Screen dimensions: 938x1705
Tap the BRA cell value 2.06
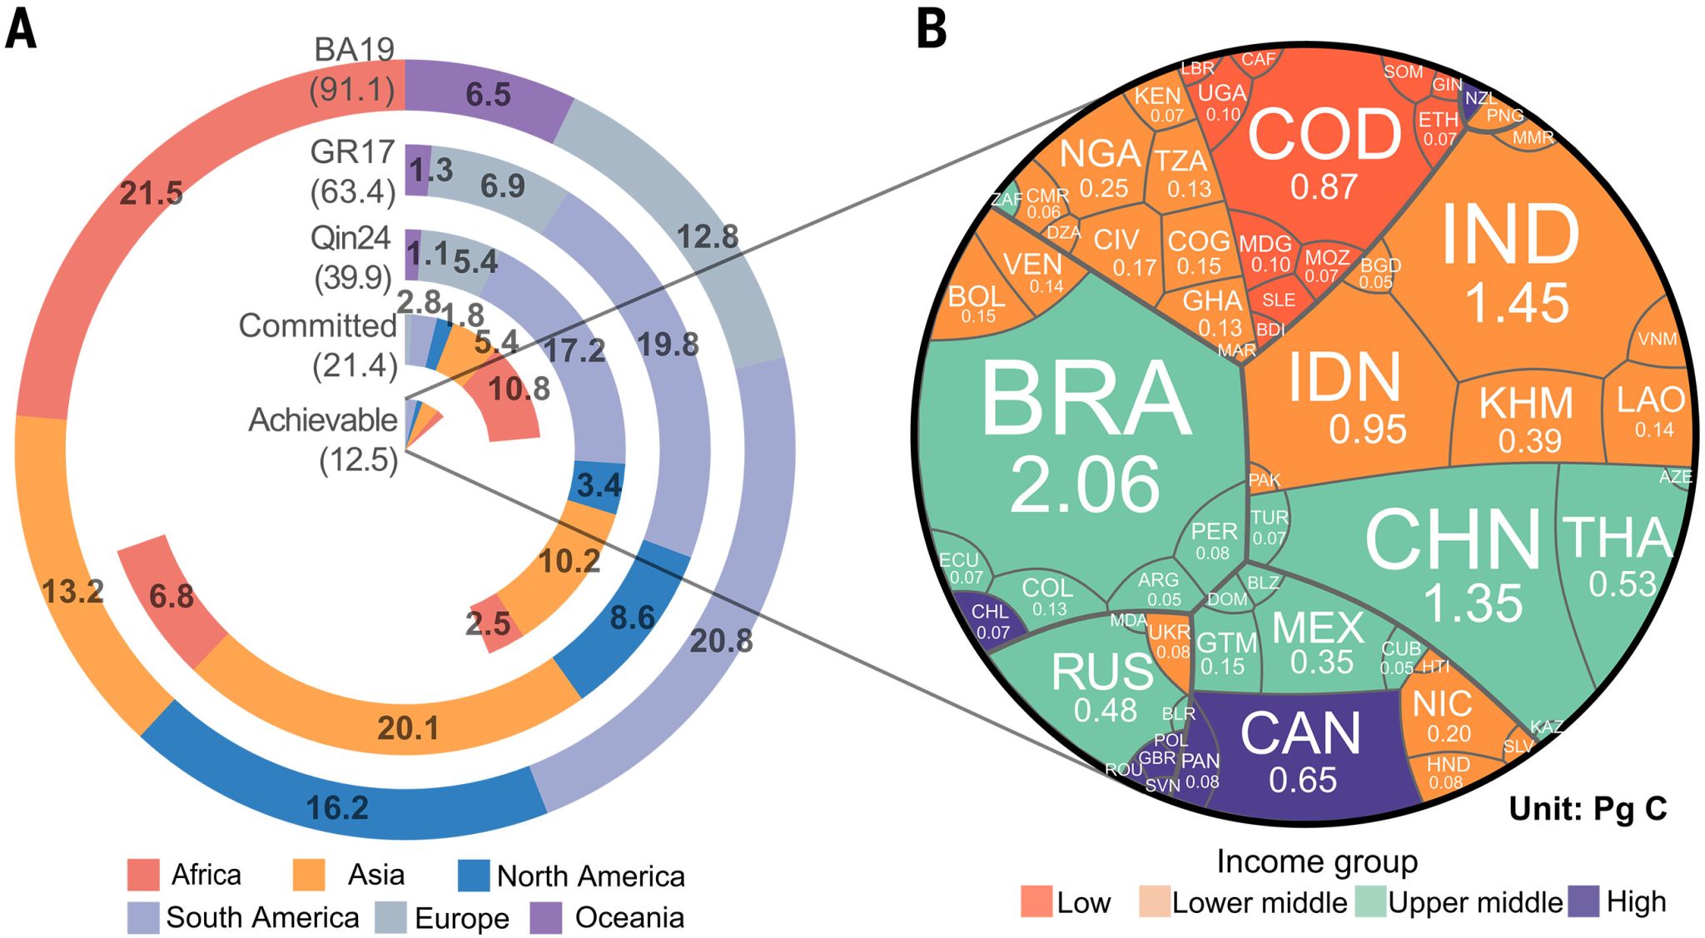[1084, 485]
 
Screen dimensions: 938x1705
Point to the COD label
[1324, 135]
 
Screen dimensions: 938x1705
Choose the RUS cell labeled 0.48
[1105, 710]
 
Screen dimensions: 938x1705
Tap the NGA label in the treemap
[1100, 154]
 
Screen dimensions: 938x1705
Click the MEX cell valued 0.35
[1321, 662]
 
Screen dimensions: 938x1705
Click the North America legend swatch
[474, 876]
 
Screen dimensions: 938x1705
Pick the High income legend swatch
[1583, 902]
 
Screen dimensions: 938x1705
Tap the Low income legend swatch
[1036, 902]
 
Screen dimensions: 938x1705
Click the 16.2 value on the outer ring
[337, 807]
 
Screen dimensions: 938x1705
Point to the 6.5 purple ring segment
[488, 94]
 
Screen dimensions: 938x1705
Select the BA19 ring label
[354, 51]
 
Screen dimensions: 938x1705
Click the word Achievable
[323, 420]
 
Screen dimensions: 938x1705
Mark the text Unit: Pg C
[1588, 808]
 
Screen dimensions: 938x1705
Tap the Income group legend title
[1317, 862]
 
